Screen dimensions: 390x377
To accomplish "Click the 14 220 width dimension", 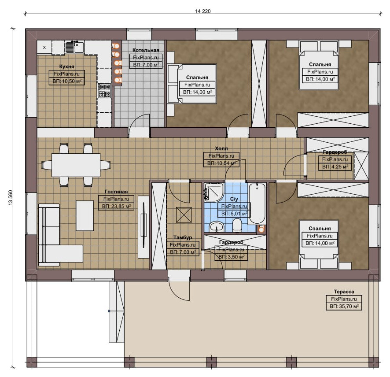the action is (203, 11).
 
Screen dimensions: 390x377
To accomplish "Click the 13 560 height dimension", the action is (11, 198).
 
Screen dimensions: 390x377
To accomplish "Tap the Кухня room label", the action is (66, 67).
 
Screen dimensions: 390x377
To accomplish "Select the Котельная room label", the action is (146, 50).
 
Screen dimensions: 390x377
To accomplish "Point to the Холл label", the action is (221, 148).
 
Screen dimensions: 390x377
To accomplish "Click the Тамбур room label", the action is (183, 237).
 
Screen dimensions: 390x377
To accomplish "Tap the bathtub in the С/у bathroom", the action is (257, 203).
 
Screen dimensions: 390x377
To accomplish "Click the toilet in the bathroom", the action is (237, 225).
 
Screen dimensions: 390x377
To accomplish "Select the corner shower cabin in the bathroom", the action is (214, 192).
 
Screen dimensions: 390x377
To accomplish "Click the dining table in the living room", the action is (76, 165).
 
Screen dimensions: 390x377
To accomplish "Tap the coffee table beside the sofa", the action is (85, 216).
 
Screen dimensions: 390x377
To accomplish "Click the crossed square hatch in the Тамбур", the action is (184, 215).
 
